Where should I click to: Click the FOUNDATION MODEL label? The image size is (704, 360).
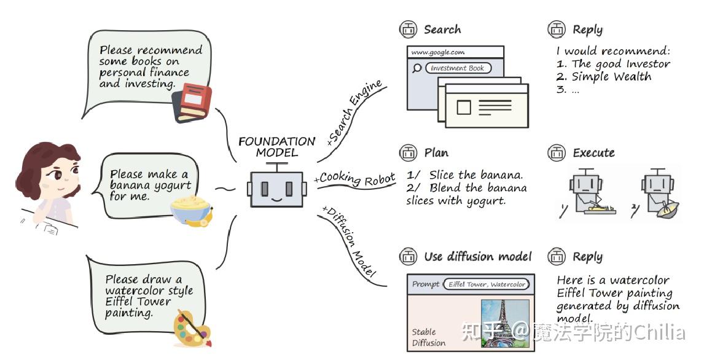pos(276,147)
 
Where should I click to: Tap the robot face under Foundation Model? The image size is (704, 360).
pos(276,189)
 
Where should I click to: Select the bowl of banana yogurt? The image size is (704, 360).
pos(190,210)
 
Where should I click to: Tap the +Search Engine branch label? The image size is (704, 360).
pos(354,112)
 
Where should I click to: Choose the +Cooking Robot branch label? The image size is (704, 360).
pos(354,179)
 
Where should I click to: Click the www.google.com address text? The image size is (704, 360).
pos(438,52)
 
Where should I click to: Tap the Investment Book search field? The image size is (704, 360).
pos(458,68)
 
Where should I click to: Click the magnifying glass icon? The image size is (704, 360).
pos(417,68)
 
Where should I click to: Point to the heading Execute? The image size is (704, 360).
pos(593,153)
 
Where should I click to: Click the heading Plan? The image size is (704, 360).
pos(436,153)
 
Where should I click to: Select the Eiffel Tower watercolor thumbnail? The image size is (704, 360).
pos(504,323)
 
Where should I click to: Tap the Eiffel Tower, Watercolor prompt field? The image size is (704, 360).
pos(487,284)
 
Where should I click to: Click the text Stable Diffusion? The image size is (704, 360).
pos(429,337)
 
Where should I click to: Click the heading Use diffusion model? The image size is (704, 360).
pos(478,257)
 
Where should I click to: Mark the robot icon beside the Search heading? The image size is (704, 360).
pos(408,29)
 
